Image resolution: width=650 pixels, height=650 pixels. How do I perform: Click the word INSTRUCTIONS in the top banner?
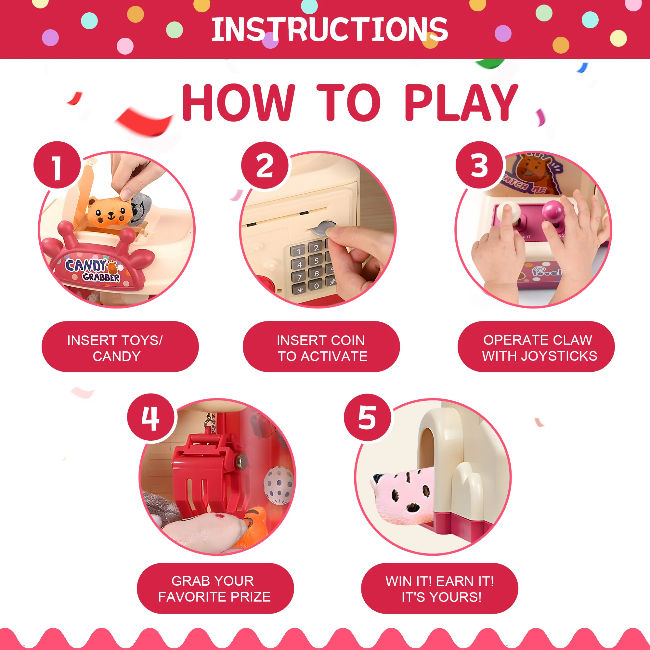pos(329,30)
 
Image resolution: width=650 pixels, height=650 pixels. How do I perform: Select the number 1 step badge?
pos(57,165)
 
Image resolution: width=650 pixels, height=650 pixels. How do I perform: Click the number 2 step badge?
pos(265,165)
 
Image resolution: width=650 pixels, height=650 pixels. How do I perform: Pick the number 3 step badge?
pos(479,165)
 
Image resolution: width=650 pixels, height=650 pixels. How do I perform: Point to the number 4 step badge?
pos(151,418)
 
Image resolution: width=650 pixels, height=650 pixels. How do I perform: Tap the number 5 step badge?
pos(368,418)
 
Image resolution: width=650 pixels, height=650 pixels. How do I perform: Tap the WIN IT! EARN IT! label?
pos(440,581)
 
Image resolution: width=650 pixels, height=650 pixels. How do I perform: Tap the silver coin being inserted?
pos(323,228)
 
